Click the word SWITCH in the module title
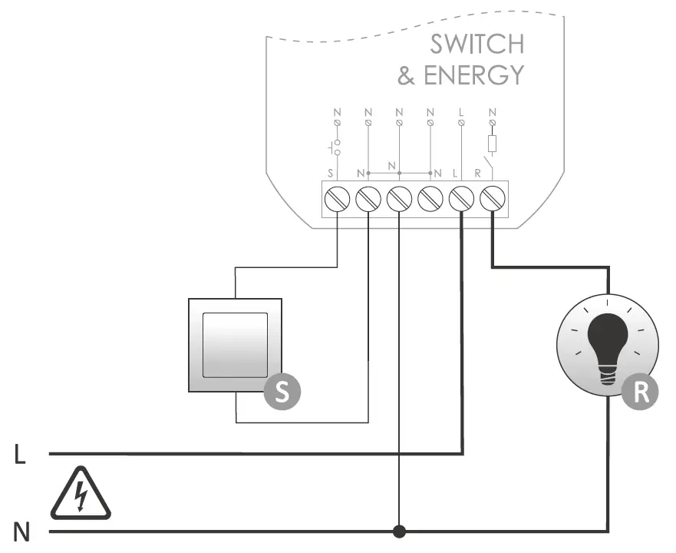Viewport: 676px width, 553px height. pyautogui.click(x=476, y=45)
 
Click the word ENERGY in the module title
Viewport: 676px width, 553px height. pyautogui.click(x=473, y=75)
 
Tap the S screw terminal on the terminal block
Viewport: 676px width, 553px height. pyautogui.click(x=338, y=199)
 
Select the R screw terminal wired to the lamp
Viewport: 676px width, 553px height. pyautogui.click(x=491, y=199)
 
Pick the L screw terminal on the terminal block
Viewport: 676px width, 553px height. pyautogui.click(x=460, y=199)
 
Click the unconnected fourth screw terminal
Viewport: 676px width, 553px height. pyautogui.click(x=430, y=199)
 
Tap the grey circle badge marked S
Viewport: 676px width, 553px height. pyautogui.click(x=282, y=392)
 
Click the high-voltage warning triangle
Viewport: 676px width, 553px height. pyautogui.click(x=81, y=494)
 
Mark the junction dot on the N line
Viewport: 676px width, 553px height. pyautogui.click(x=399, y=531)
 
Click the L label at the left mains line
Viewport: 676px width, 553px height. pyautogui.click(x=20, y=455)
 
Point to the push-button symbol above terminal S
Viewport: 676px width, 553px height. pyautogui.click(x=335, y=147)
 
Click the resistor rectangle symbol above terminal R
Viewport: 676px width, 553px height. pyautogui.click(x=492, y=144)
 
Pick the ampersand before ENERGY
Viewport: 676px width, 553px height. pyautogui.click(x=407, y=75)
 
